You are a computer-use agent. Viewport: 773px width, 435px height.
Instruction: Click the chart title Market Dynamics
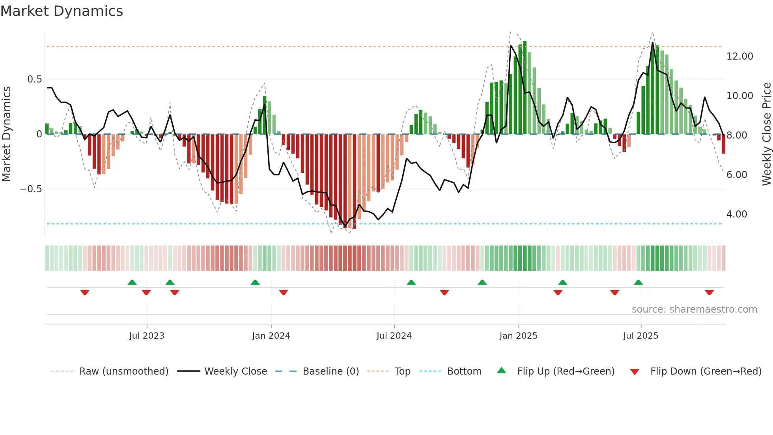click(62, 11)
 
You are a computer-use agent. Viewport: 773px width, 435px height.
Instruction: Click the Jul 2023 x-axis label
click(147, 336)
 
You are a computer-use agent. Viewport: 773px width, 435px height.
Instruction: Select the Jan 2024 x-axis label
click(271, 336)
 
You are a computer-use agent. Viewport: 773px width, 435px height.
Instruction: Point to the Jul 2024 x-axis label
click(394, 336)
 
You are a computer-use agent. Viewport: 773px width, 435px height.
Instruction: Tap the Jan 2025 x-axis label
click(518, 336)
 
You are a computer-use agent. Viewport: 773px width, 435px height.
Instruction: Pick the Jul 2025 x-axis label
click(640, 336)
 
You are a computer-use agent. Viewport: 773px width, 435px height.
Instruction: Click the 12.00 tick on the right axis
click(739, 56)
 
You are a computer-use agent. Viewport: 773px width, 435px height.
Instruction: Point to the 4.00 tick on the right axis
click(737, 214)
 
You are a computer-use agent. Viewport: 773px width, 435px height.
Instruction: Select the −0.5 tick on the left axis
click(31, 189)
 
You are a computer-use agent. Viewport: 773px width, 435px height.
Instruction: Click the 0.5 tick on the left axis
click(34, 79)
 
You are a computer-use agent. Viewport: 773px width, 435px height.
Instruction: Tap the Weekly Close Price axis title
click(766, 134)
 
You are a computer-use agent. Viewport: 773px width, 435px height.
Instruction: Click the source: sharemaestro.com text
click(694, 309)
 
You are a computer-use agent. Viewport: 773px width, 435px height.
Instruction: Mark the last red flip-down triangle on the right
click(709, 292)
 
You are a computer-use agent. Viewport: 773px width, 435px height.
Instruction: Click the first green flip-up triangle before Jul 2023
click(132, 283)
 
